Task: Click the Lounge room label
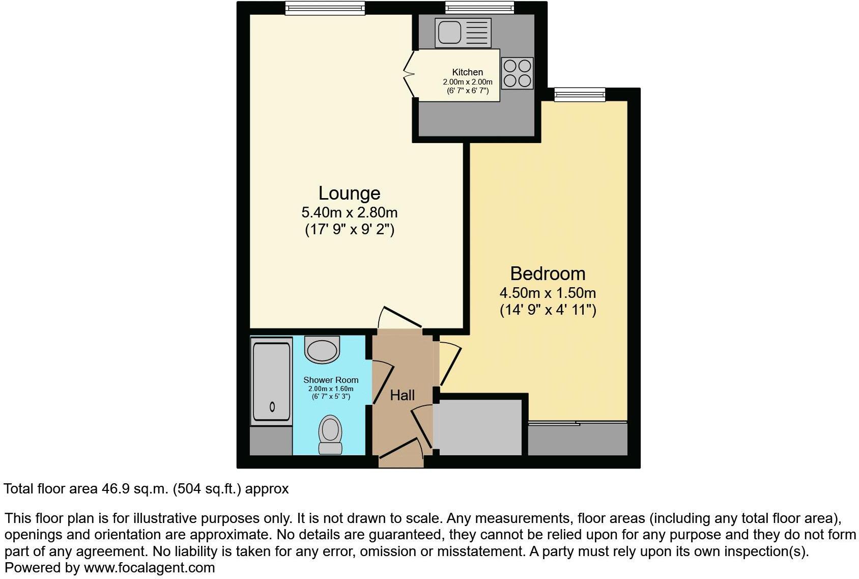tap(349, 194)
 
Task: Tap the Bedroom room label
tap(548, 274)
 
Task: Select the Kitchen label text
tap(467, 72)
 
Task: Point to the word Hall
tap(402, 395)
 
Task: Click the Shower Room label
tap(331, 380)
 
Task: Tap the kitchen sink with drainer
tap(463, 32)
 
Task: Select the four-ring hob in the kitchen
tap(517, 73)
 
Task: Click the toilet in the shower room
tap(330, 434)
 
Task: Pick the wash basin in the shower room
tap(322, 349)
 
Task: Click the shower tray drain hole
tap(272, 406)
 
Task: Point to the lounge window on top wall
tap(325, 8)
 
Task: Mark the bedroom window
tap(580, 94)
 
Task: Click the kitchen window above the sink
tap(479, 8)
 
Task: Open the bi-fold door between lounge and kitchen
tap(409, 75)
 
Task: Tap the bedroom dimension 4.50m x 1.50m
tap(548, 293)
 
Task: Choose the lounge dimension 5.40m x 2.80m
tap(349, 212)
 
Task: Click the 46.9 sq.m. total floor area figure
tap(135, 489)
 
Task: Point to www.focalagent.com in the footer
tap(149, 568)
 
